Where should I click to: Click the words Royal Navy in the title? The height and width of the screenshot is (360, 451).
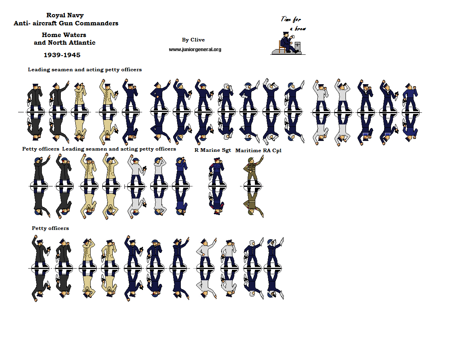click(x=65, y=15)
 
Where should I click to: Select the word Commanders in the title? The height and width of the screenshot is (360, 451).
click(x=99, y=23)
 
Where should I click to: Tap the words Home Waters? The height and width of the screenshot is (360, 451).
click(x=64, y=35)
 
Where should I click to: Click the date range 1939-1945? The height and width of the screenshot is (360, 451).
click(x=62, y=55)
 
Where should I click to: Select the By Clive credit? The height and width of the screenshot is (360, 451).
click(x=193, y=40)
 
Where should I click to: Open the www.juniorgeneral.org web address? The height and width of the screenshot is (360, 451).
click(x=195, y=50)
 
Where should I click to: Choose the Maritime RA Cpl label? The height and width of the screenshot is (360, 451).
click(x=259, y=150)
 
